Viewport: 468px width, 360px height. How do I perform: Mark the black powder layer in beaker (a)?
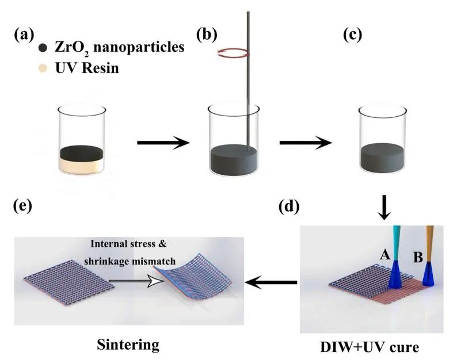(x=81, y=152)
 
